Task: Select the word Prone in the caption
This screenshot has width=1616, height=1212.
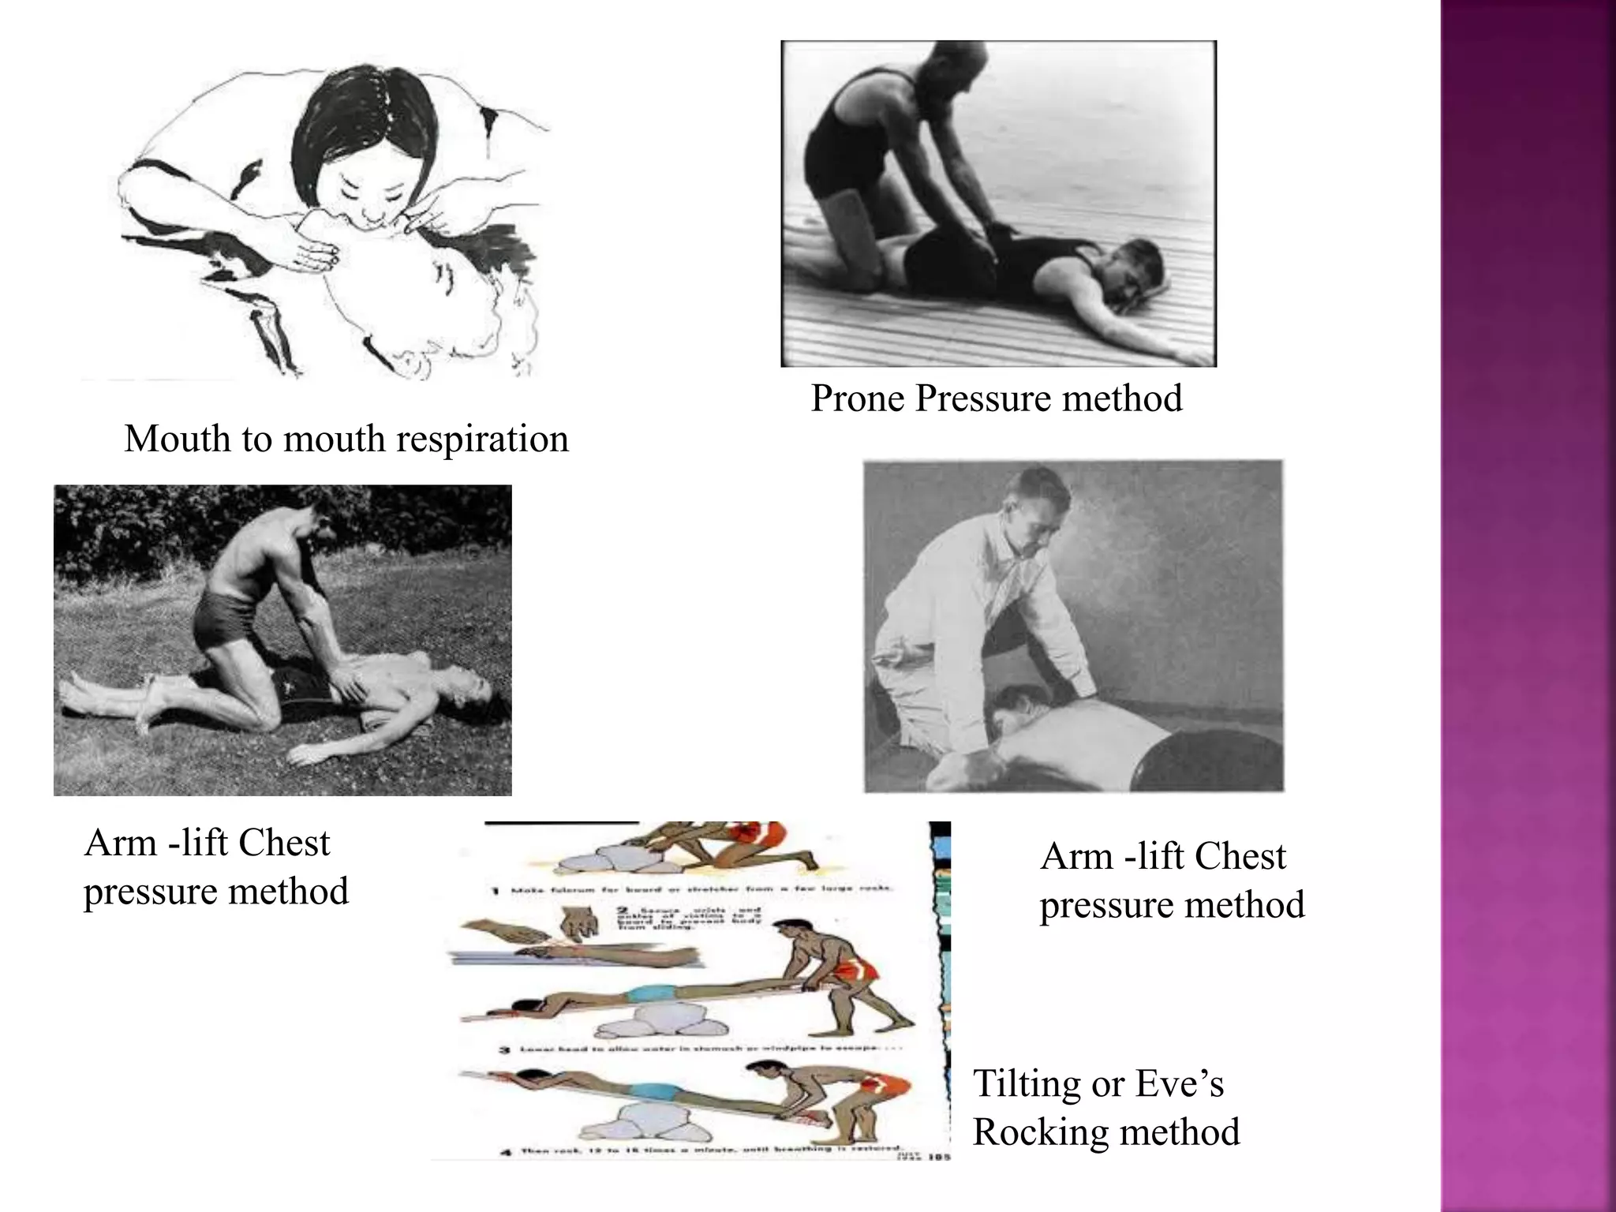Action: (x=857, y=398)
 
